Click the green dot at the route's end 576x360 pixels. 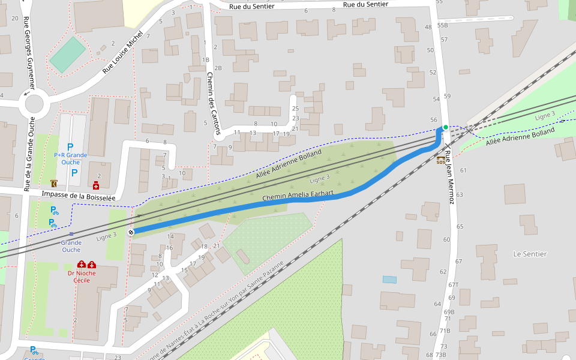(x=445, y=127)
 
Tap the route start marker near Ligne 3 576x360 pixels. (x=131, y=232)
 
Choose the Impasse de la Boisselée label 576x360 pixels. (x=78, y=196)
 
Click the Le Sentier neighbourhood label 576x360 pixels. (x=530, y=254)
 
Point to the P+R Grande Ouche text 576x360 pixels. (x=71, y=158)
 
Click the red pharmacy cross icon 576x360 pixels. (x=95, y=186)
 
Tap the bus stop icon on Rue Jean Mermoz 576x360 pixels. (x=441, y=160)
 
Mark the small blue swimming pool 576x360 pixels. (x=389, y=280)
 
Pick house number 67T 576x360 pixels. (x=453, y=285)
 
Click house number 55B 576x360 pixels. (x=443, y=25)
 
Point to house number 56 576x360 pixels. (x=434, y=120)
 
